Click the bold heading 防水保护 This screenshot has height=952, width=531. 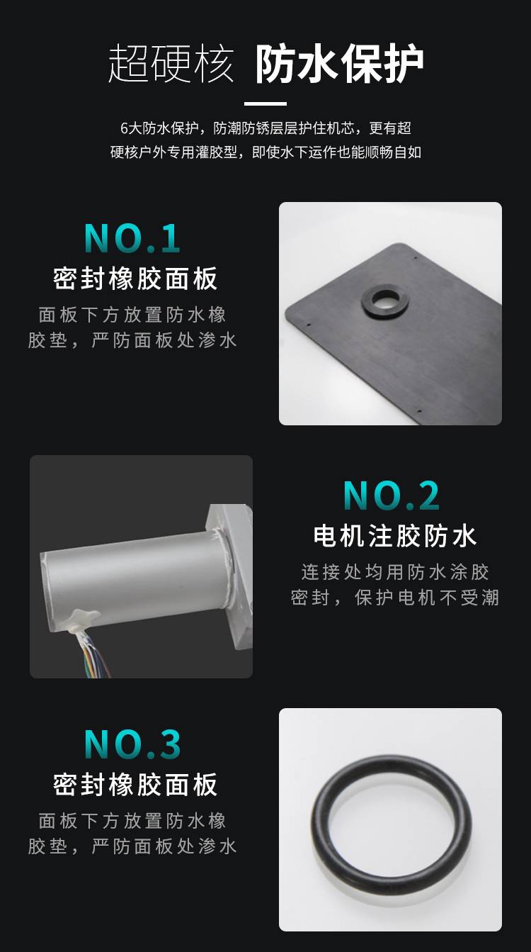point(339,64)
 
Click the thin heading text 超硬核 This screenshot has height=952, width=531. point(171,64)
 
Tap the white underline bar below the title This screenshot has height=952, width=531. point(265,103)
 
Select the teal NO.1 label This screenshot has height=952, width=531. point(132,238)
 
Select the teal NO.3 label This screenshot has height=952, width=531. point(132,744)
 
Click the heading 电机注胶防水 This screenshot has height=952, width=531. point(395,536)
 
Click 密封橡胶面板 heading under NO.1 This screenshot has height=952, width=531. point(135,279)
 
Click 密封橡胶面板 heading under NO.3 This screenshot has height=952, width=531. point(135,785)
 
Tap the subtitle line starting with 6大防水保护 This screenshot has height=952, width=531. point(265,128)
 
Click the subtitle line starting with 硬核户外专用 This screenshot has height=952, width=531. point(265,152)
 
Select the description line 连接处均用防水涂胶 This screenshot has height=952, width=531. point(395,572)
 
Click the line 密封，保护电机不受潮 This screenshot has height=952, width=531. point(395,598)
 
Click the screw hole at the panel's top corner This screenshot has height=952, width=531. point(414,257)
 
